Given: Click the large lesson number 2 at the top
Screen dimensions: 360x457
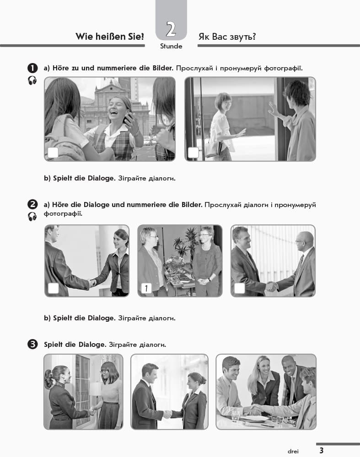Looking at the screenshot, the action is pos(171,29).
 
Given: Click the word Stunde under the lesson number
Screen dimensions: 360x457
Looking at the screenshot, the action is pos(171,46).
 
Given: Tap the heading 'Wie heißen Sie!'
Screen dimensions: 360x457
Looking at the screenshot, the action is pos(110,37).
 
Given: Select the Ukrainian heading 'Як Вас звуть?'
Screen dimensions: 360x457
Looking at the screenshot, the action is pos(227,37).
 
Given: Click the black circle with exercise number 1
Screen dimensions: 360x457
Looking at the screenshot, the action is pos(32,68).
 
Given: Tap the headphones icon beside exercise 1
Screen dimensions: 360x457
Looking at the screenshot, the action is pos(32,80).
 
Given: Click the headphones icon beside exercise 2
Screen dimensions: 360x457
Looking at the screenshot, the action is pos(32,217).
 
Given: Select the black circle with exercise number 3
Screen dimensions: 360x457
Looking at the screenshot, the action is pos(32,344).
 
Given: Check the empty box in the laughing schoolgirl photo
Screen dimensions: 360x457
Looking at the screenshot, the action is pos(53,153).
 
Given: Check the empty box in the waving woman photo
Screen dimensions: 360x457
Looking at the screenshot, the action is pos(193,153).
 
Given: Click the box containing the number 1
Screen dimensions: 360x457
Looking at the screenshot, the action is pos(146,288).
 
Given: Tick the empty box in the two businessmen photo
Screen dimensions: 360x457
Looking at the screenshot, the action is pos(239,288).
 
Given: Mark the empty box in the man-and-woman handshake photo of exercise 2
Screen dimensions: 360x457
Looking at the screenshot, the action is pos(54,288).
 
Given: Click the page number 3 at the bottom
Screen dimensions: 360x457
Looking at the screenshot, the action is pos(321,450).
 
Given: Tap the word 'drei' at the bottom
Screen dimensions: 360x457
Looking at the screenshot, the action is pos(293,451).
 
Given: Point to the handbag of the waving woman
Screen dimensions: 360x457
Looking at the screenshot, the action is pos(213,148).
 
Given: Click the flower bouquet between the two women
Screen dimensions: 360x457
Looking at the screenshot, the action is pos(175,265).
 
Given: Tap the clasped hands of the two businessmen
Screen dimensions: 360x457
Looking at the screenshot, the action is pos(272,287).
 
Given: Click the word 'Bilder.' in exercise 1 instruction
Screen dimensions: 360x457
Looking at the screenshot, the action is pos(163,68).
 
